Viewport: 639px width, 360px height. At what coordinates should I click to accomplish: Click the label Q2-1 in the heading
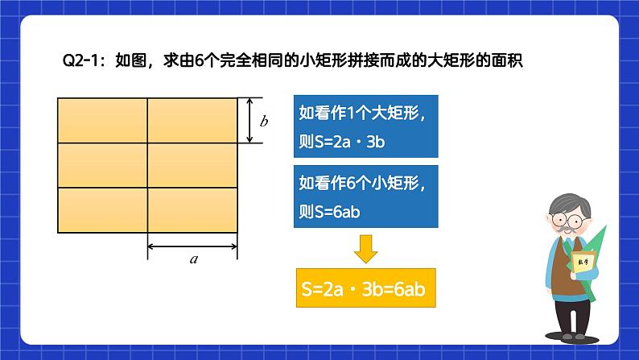pyautogui.click(x=80, y=60)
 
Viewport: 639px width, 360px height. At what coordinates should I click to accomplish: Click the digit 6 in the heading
pyautogui.click(x=199, y=60)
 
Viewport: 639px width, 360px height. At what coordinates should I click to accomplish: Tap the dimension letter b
pyautogui.click(x=264, y=121)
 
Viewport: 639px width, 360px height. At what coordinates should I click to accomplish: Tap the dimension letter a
pyautogui.click(x=194, y=259)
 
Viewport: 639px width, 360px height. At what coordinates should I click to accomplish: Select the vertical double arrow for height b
pyautogui.click(x=249, y=120)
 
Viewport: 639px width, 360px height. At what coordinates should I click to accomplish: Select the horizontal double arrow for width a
pyautogui.click(x=192, y=246)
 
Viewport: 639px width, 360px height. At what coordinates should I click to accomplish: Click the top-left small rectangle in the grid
pyautogui.click(x=103, y=120)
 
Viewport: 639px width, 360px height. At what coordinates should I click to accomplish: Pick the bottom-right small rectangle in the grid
pyautogui.click(x=192, y=210)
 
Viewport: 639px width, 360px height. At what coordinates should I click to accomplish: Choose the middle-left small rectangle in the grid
pyautogui.click(x=103, y=165)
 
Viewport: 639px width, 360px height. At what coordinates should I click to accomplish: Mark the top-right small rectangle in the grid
pyautogui.click(x=192, y=120)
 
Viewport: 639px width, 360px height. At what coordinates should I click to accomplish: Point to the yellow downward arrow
pyautogui.click(x=365, y=249)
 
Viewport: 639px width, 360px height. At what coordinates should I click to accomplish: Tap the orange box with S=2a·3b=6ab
pyautogui.click(x=366, y=288)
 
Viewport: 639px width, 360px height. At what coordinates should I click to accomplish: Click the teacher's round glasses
pyautogui.click(x=568, y=221)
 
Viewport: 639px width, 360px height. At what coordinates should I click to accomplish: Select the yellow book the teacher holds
pyautogui.click(x=583, y=263)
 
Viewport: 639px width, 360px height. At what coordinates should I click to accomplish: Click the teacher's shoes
pyautogui.click(x=573, y=337)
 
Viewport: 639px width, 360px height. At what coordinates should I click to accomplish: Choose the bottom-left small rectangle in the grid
pyautogui.click(x=103, y=210)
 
